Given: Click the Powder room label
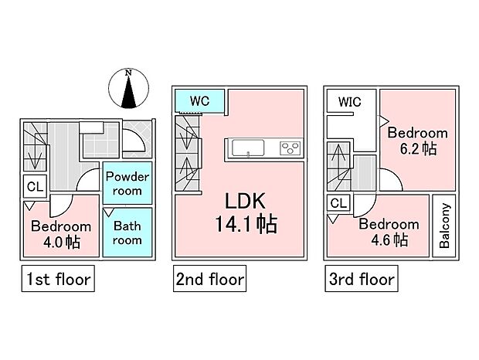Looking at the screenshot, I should coord(127,184).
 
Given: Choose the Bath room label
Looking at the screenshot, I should coord(127,233).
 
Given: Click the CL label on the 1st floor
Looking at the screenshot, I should coord(35,186).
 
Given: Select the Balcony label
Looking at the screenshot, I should coord(445,226).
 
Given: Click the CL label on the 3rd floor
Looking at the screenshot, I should coord(338,203).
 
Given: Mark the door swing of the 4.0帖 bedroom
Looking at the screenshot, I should coord(59,205).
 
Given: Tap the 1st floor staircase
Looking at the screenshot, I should coord(33,151).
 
